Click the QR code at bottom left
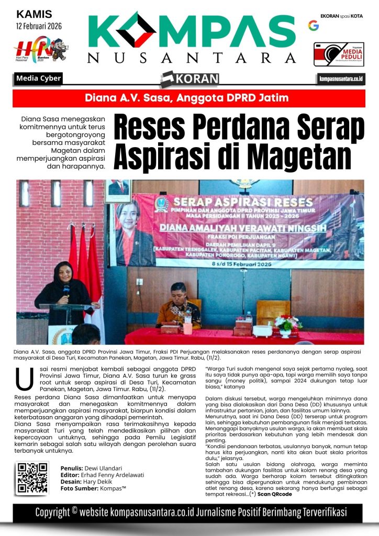(32, 478)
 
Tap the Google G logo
(314, 25)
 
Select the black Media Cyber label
(39, 79)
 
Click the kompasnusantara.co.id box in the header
(341, 79)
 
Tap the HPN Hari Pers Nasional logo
(40, 50)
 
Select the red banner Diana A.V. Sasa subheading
(189, 97)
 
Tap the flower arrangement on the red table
(287, 325)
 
